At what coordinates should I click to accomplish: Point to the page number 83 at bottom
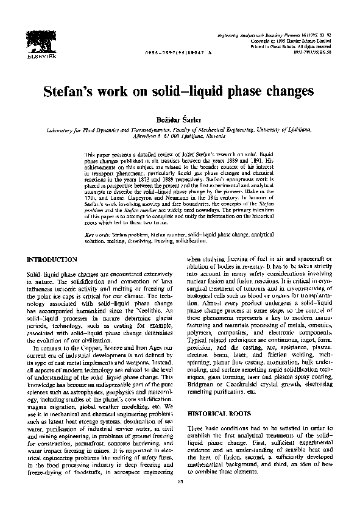179,500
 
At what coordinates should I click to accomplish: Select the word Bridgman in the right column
202,387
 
